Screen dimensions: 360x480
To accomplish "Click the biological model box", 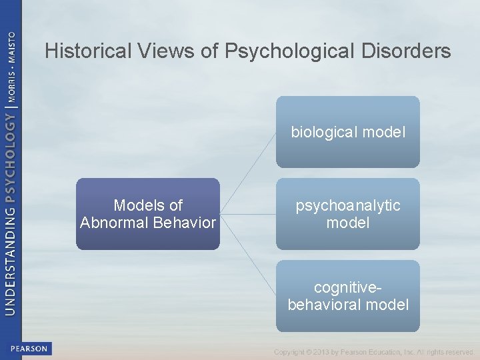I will tap(348, 132).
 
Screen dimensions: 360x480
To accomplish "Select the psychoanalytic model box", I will tap(348, 214).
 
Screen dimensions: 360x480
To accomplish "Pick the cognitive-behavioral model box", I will tap(348, 296).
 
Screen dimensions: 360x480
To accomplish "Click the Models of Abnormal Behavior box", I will tap(147, 214).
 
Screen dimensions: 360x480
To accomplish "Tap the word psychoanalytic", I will tap(348, 205).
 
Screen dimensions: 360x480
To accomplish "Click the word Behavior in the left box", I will tap(185, 223).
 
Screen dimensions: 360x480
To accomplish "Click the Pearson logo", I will tap(29, 349).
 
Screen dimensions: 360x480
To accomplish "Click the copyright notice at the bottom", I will tap(373, 352).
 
